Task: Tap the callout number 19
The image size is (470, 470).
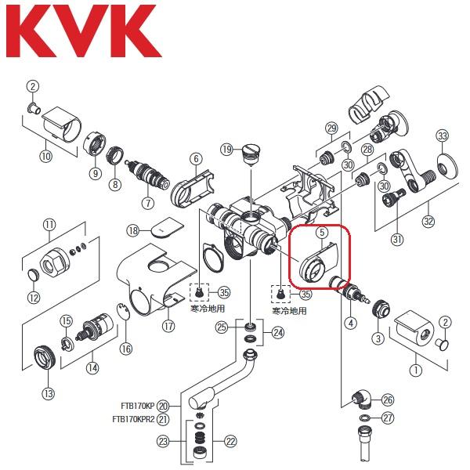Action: coord(226,149)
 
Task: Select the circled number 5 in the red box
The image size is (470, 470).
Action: coord(321,232)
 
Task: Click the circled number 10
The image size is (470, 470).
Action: coord(45,157)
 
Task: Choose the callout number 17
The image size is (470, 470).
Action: coord(168,326)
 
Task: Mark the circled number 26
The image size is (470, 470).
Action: coord(388,399)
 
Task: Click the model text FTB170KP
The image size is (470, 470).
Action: coord(136,406)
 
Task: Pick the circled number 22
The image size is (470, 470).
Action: coord(230,442)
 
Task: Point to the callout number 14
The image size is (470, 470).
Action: coord(93,367)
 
